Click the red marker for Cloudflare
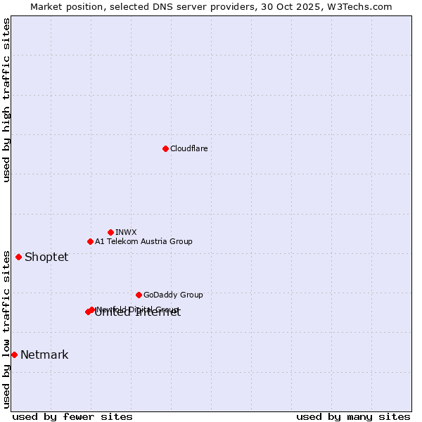[x=165, y=148]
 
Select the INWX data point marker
[x=110, y=232]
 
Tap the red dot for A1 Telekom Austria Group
[x=90, y=241]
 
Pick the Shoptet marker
[x=18, y=257]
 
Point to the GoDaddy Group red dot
[x=139, y=295]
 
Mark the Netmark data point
[x=14, y=354]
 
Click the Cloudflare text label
[x=188, y=148]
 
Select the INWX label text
[x=126, y=232]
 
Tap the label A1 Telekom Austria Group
[x=143, y=241]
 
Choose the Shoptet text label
[x=46, y=257]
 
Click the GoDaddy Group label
[x=173, y=295]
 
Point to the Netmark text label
[x=44, y=354]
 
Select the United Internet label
[x=138, y=313]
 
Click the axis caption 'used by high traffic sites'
[x=7, y=100]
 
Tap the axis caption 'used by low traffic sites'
[x=7, y=329]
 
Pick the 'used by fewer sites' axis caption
[x=72, y=416]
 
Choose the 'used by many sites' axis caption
[x=353, y=416]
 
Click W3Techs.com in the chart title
[x=363, y=6]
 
